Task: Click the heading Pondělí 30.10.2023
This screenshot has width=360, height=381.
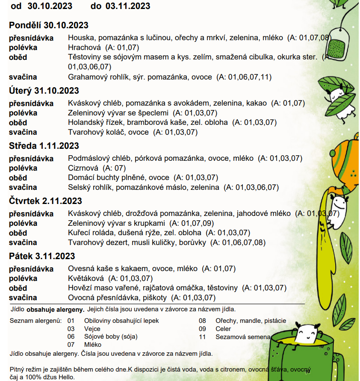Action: (x=48, y=25)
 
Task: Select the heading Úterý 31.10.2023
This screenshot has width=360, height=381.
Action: (x=44, y=91)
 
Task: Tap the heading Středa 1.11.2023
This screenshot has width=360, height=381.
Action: (x=44, y=146)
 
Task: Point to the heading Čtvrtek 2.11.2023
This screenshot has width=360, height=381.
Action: (x=45, y=201)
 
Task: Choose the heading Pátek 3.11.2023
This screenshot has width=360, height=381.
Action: (x=42, y=256)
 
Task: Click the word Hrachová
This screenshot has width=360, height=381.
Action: (x=84, y=47)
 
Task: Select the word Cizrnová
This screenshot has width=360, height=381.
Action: (x=83, y=168)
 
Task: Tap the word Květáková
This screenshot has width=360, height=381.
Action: (x=85, y=278)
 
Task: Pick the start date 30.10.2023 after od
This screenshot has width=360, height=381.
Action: (x=50, y=6)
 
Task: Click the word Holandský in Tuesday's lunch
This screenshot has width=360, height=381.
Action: (x=84, y=122)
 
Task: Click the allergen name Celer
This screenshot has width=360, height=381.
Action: (x=223, y=329)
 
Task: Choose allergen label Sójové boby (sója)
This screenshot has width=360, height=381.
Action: (x=111, y=337)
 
